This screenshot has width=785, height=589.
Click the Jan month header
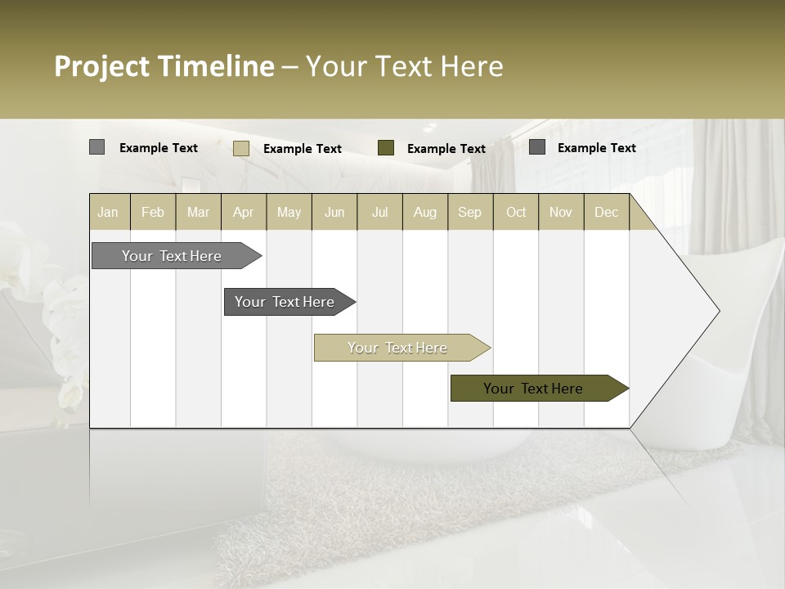[x=108, y=213]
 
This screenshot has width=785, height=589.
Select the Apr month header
[x=244, y=213]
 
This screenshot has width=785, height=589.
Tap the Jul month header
[x=379, y=213]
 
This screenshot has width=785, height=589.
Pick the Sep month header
[x=469, y=213]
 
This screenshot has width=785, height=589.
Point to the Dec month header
[x=606, y=213]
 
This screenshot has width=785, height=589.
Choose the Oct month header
[x=516, y=213]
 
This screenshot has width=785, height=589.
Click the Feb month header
[x=153, y=213]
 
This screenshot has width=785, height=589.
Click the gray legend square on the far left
[x=97, y=147]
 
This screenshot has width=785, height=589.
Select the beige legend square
[x=241, y=148]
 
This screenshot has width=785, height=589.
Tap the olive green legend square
[x=386, y=147]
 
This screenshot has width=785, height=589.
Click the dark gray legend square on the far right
[x=537, y=146]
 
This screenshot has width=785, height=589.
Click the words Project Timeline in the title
[x=164, y=66]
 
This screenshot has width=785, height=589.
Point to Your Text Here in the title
[x=404, y=66]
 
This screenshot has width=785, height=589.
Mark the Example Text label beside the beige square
[x=303, y=149]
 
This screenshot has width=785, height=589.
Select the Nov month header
[x=561, y=213]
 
